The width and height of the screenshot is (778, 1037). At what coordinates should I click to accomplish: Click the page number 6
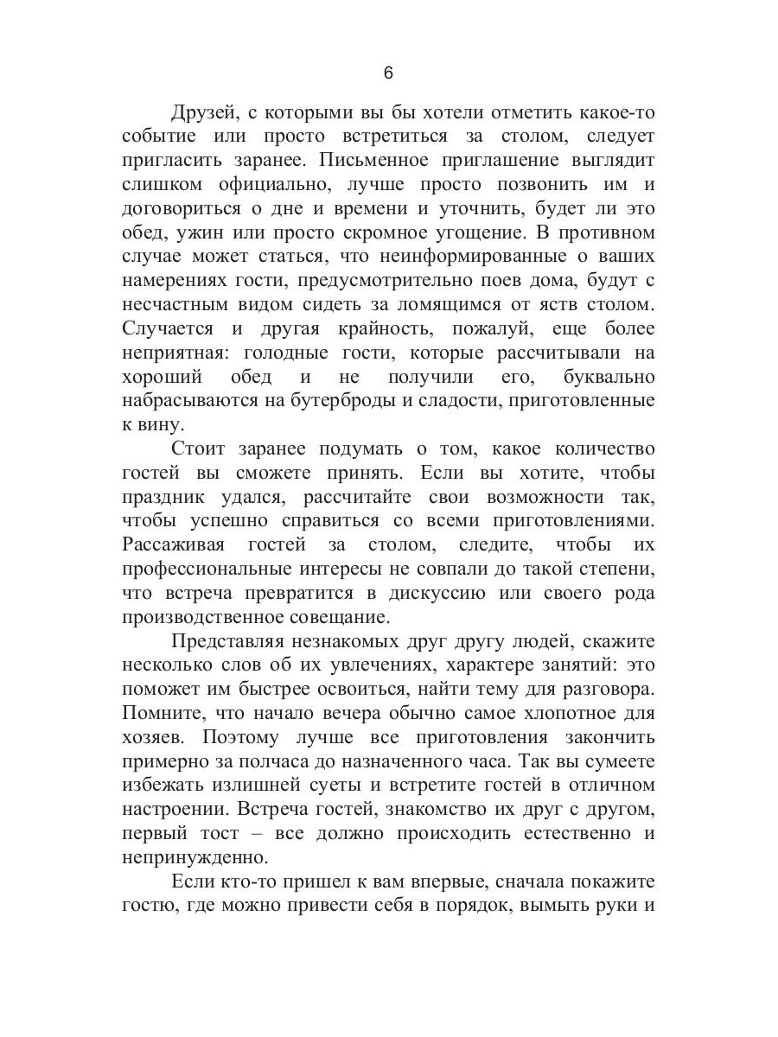[x=387, y=73]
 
